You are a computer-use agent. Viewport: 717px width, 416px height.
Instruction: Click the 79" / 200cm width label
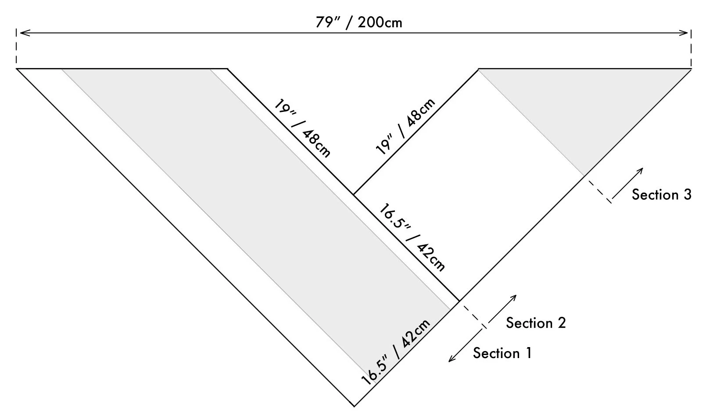click(358, 22)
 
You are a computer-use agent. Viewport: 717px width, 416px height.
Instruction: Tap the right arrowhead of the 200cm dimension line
click(686, 32)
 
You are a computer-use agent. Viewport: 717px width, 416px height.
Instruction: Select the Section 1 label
click(502, 353)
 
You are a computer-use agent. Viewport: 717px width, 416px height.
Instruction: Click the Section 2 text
click(536, 323)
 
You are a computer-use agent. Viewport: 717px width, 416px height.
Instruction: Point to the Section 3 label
click(661, 194)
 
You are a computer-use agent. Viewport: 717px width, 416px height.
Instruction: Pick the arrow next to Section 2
click(500, 311)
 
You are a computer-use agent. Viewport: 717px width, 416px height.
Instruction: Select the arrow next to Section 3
click(627, 184)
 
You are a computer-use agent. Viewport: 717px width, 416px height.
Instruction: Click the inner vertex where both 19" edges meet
click(354, 194)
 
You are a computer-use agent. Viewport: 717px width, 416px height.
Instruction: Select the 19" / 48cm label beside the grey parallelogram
click(303, 128)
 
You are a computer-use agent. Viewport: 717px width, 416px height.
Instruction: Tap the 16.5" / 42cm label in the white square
click(412, 237)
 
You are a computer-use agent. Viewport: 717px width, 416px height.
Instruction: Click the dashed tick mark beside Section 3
click(599, 190)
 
